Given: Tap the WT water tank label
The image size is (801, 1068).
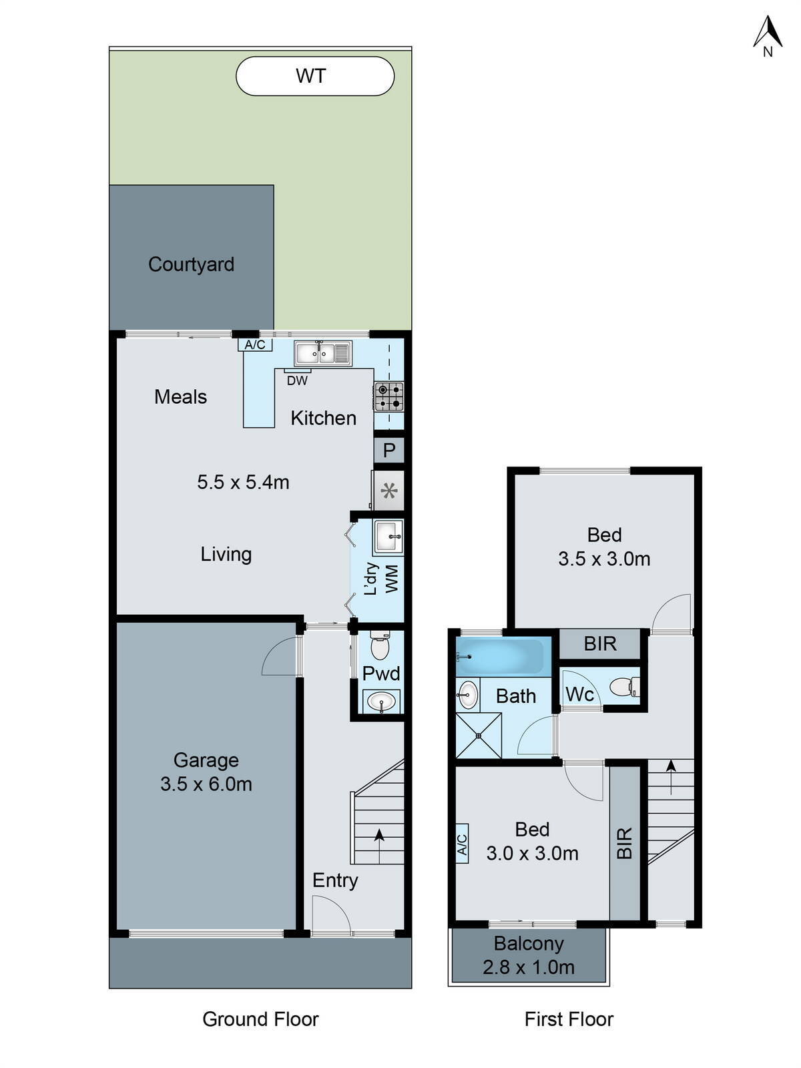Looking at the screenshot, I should pos(311,76).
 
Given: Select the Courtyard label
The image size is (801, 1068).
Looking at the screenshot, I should pos(191,264).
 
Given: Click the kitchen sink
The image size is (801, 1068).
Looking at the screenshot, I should pos(323,352).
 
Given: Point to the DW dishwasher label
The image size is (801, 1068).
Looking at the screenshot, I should pos(297,380).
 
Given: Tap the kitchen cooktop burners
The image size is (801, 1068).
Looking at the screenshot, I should pos(388,396).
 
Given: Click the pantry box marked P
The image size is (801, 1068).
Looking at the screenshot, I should pos(389,451).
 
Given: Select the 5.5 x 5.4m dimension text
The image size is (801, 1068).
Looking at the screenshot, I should pos(243,482).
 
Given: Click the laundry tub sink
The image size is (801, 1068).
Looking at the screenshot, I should pos(388,537).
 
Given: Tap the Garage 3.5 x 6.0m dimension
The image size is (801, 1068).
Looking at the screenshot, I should pos(206,784).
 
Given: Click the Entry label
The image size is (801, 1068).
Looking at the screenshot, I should pos(335,880).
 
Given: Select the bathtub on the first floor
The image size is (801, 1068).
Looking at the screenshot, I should pos(501,656).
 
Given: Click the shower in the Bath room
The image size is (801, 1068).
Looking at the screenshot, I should pos(478,736).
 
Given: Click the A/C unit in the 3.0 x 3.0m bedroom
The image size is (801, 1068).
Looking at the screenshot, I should pos(462,844).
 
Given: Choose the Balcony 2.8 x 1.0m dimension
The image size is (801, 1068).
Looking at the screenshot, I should pos(529,967).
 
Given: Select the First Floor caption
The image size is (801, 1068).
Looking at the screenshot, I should pos(569,1019).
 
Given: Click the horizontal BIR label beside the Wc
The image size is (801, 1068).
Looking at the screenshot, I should pos(600,644).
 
